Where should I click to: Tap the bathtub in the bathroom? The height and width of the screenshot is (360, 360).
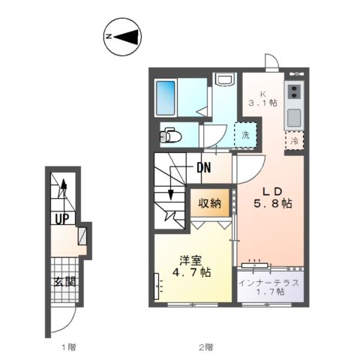point(169,94)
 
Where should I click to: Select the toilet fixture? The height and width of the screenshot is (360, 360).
point(171,136)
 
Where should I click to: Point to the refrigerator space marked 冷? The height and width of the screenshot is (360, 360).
point(295,140)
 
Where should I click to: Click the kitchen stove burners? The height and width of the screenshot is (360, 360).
point(294,92)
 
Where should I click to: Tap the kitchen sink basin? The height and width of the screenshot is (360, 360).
point(294,118)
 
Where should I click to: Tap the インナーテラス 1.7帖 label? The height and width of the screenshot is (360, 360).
point(270,286)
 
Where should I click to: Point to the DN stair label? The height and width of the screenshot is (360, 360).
point(204,168)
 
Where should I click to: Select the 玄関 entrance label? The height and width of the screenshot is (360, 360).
point(64,282)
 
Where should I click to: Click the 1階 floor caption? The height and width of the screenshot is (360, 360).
point(68,347)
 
